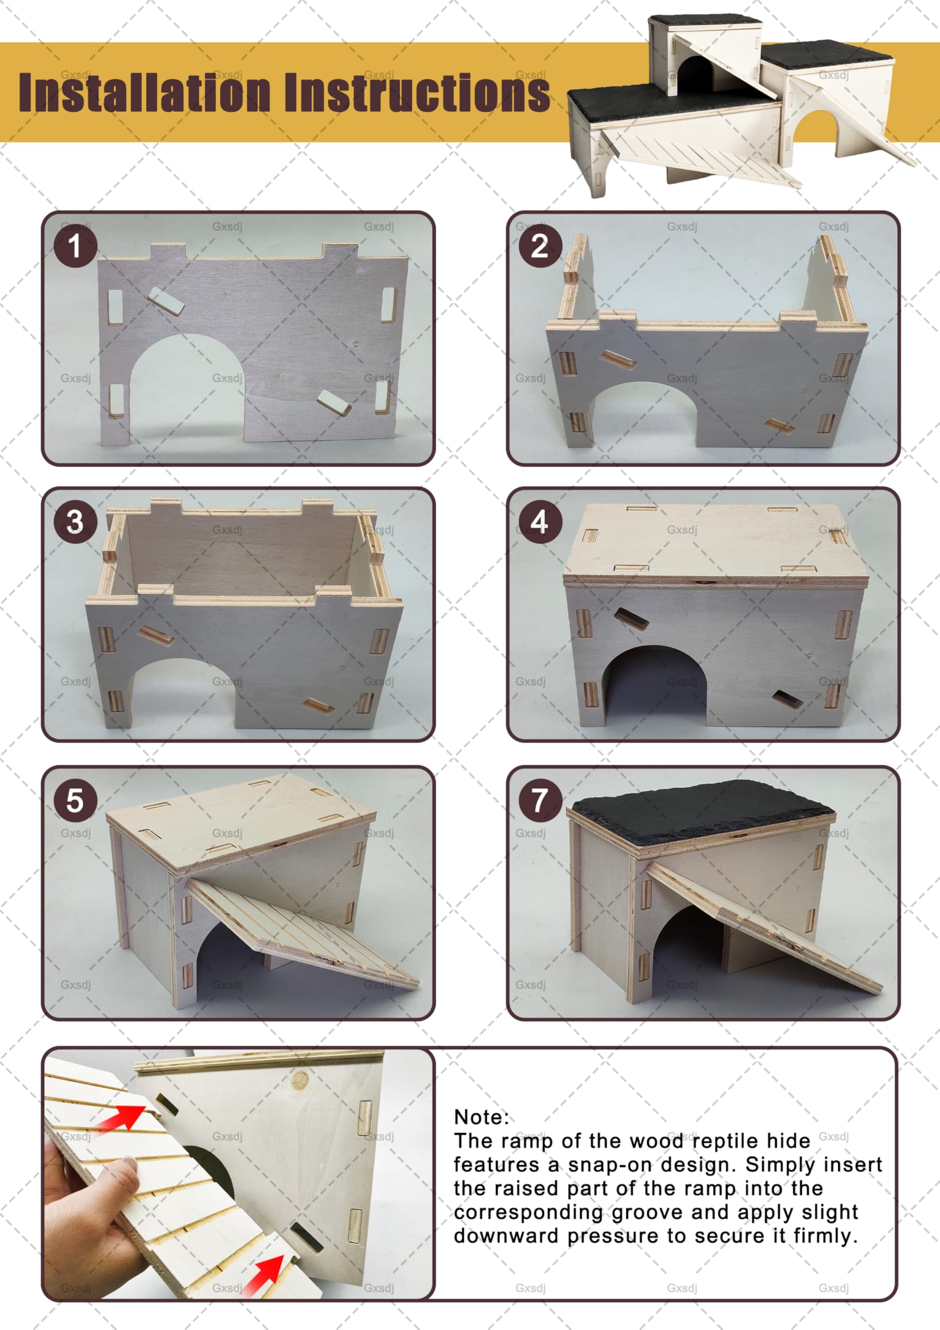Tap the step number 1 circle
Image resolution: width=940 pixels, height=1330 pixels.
tap(75, 246)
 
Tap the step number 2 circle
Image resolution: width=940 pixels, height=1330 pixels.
tap(540, 246)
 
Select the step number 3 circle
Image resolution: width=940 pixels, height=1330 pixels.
tap(75, 521)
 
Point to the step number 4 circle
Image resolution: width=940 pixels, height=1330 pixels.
tap(540, 521)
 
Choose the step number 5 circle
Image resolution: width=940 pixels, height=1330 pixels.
tap(75, 801)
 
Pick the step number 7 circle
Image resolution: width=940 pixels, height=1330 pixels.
tap(540, 801)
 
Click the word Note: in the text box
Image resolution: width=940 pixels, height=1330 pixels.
tap(481, 1117)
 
